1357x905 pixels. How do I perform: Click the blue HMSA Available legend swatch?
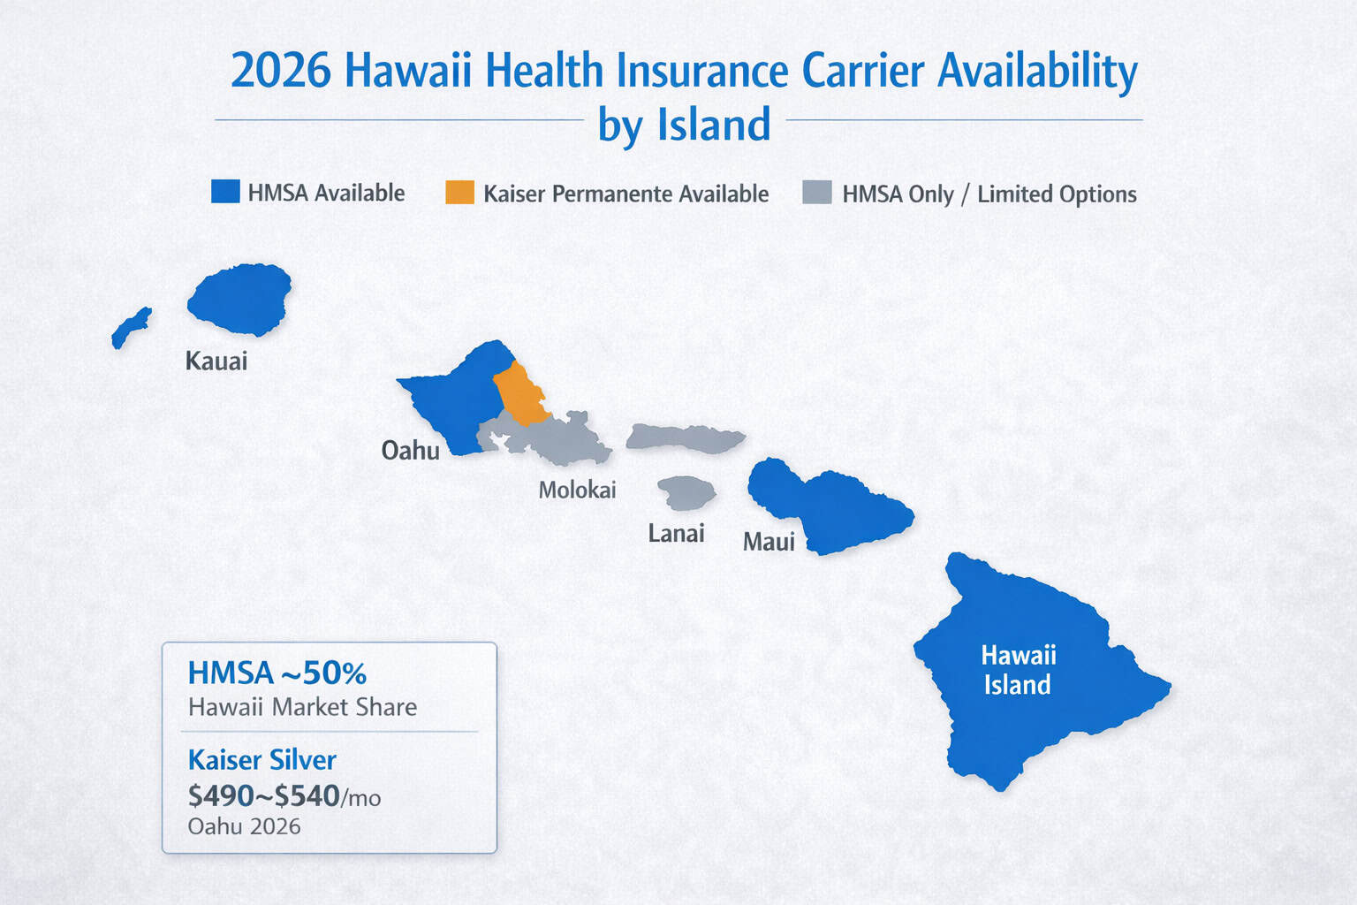pyautogui.click(x=225, y=192)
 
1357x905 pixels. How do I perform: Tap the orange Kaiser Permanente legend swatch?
pyautogui.click(x=459, y=193)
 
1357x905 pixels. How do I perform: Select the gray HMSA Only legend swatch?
pyautogui.click(x=816, y=193)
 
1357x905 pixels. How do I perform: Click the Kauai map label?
pyautogui.click(x=216, y=361)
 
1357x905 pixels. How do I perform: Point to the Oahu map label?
pyautogui.click(x=410, y=451)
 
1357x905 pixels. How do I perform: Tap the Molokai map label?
pyautogui.click(x=577, y=490)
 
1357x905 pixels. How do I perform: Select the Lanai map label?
pyautogui.click(x=676, y=533)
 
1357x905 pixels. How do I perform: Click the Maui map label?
pyautogui.click(x=769, y=542)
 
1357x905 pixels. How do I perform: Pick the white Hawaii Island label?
pyautogui.click(x=1018, y=670)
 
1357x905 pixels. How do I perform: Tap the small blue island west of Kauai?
pyautogui.click(x=131, y=328)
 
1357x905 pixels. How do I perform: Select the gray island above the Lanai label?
pyautogui.click(x=686, y=493)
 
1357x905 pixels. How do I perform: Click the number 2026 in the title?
pyautogui.click(x=280, y=71)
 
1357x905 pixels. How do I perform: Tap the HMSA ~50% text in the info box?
pyautogui.click(x=277, y=673)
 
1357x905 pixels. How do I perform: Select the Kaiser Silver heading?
pyautogui.click(x=262, y=760)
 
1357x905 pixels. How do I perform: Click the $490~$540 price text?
pyautogui.click(x=264, y=796)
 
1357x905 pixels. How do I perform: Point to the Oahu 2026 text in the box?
pyautogui.click(x=244, y=826)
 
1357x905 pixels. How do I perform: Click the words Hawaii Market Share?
pyautogui.click(x=302, y=707)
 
